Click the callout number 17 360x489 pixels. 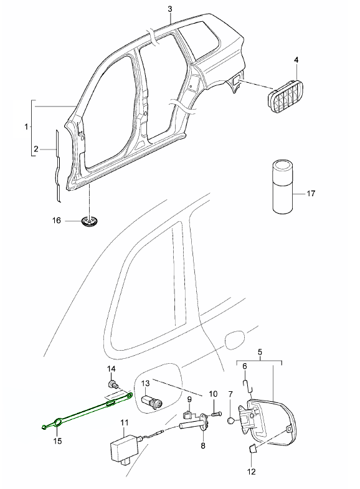click(x=311, y=193)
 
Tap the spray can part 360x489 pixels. click(x=283, y=186)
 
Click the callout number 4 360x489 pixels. click(x=296, y=60)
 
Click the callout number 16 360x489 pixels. click(x=57, y=221)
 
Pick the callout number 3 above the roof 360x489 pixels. click(x=170, y=9)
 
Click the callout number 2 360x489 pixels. click(x=36, y=149)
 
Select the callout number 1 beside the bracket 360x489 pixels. click(x=27, y=127)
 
